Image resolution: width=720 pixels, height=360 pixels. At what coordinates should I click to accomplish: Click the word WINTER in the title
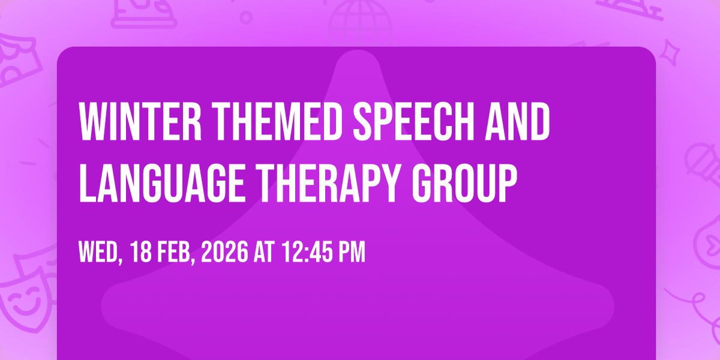tap(140, 121)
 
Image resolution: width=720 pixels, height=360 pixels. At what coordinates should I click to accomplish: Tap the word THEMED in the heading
tap(278, 121)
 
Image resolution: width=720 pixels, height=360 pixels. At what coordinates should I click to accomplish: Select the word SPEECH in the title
tap(412, 121)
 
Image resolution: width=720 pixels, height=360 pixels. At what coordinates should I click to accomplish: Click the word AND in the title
tap(517, 121)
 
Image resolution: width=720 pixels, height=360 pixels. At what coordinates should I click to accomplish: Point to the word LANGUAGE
tap(163, 183)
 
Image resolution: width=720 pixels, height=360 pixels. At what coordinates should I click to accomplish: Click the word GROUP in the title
tap(465, 183)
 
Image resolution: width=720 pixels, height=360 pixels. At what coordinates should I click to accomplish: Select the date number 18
tap(141, 252)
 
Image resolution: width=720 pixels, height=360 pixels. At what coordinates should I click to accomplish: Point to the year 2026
tap(224, 252)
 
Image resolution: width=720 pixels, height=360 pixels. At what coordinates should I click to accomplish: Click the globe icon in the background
tap(360, 23)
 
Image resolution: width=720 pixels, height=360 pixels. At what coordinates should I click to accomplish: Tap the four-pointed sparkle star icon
tap(670, 53)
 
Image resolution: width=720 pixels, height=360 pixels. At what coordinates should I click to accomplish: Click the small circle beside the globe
tap(246, 17)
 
